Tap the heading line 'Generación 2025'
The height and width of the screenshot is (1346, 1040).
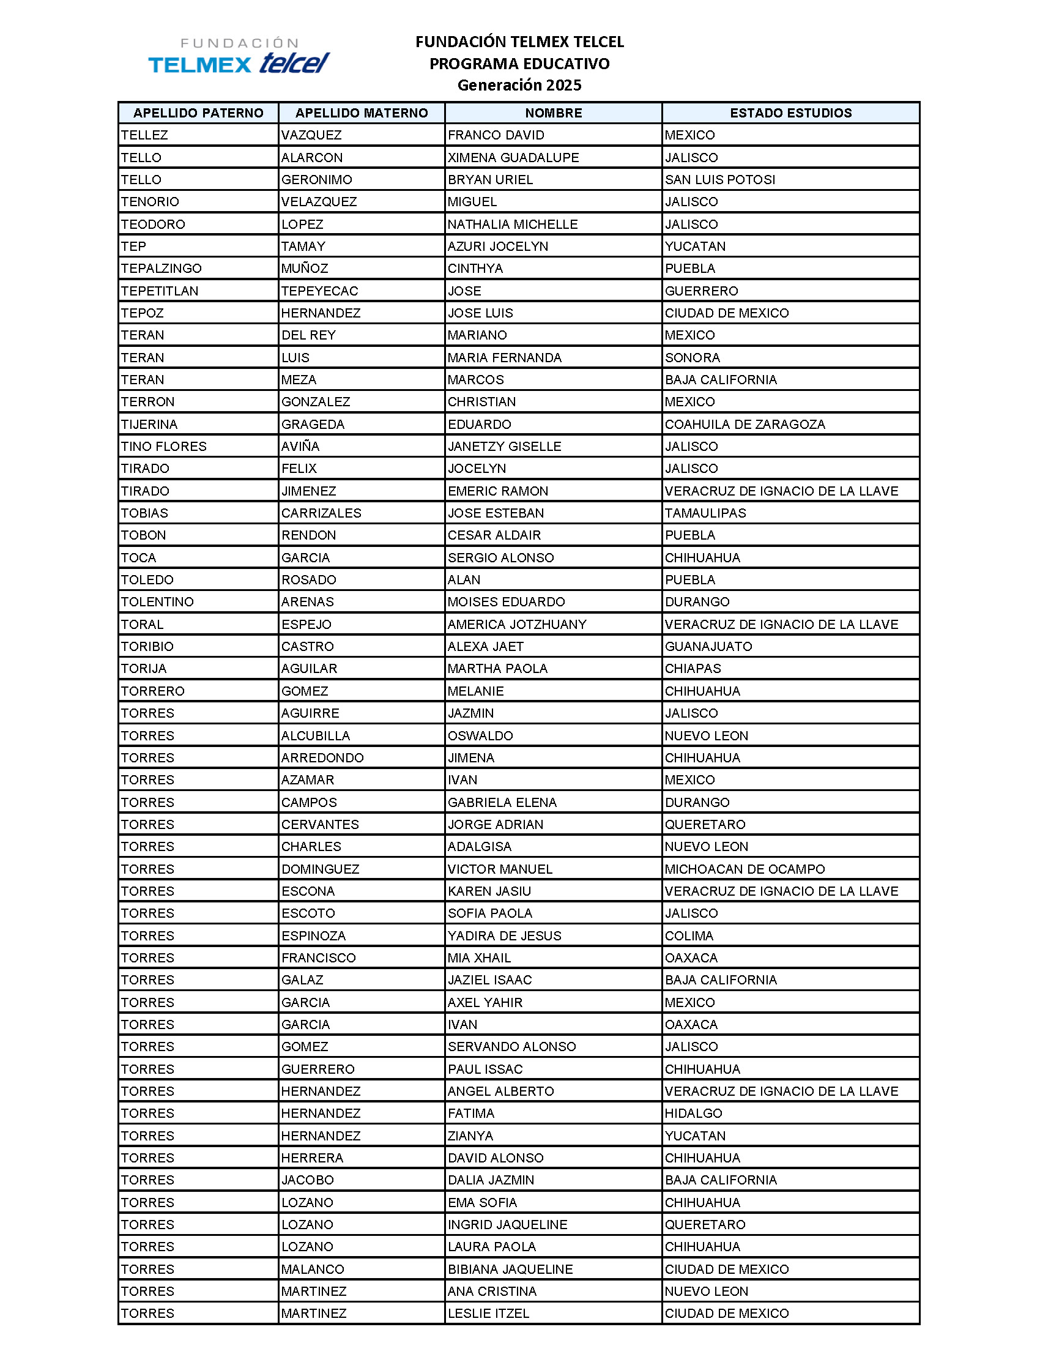(519, 85)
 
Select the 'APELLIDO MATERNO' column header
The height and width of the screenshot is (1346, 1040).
(362, 113)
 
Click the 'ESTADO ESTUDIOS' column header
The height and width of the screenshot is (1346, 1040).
(790, 113)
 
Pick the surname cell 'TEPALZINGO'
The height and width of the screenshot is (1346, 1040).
(162, 269)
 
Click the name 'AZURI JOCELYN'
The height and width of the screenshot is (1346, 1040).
(498, 247)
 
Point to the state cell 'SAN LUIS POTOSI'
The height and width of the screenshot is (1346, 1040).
(719, 180)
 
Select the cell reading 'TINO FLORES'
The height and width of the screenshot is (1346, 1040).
(164, 446)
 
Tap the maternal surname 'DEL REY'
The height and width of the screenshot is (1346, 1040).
(309, 335)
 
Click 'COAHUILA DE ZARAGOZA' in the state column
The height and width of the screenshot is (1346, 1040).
(745, 424)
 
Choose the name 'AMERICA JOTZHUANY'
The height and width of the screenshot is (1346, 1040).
(517, 624)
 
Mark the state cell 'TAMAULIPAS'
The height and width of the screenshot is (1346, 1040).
(705, 513)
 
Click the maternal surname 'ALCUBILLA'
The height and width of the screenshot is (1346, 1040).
(316, 736)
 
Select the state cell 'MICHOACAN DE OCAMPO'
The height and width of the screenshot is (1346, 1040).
(745, 869)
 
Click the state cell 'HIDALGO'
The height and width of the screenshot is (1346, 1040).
(694, 1114)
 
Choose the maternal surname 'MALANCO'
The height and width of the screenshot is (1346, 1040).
(313, 1269)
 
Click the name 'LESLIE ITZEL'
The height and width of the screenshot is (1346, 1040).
(489, 1314)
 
